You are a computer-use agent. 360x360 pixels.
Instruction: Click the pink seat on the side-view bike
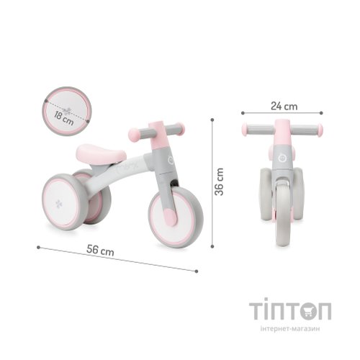pos(96,153)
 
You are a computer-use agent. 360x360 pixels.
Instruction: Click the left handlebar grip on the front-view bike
pos(250,131)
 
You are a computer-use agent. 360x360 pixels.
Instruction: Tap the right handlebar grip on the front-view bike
pos(314,131)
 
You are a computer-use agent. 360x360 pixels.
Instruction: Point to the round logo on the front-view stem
pos(282,153)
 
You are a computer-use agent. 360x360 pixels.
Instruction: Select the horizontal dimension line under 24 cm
pos(282,114)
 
